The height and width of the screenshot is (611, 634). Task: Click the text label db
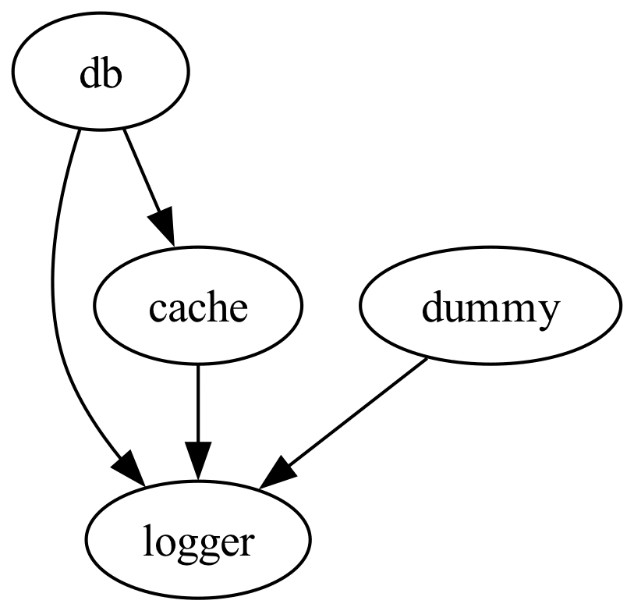coord(101,75)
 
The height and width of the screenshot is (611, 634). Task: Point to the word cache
coord(198,308)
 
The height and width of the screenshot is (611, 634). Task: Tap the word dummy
coord(491,308)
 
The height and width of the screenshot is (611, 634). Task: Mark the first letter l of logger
coord(146,540)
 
